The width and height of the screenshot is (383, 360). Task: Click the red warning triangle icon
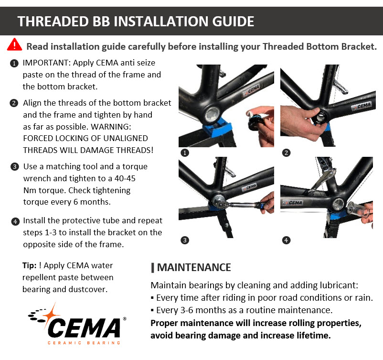tap(14, 44)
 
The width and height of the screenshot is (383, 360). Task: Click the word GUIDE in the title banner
tap(233, 22)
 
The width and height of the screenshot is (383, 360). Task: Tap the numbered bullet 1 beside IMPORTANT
tap(14, 64)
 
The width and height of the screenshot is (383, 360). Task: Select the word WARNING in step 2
tap(111, 127)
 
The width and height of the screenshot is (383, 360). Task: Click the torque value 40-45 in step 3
tap(125, 178)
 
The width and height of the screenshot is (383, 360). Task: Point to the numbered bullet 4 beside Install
tap(15, 221)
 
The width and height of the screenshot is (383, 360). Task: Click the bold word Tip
tap(29, 266)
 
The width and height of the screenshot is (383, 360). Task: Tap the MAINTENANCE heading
tap(194, 267)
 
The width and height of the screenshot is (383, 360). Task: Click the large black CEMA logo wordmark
tap(84, 327)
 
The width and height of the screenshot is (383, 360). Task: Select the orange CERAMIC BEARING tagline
tap(84, 343)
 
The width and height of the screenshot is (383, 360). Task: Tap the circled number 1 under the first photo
tap(185, 153)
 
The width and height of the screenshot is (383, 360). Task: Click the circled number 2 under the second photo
tap(286, 153)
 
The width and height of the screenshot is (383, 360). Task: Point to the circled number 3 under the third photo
tap(185, 240)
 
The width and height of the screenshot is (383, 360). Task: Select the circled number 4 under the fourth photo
tap(286, 240)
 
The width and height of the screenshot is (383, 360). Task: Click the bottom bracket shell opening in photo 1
tap(212, 114)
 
